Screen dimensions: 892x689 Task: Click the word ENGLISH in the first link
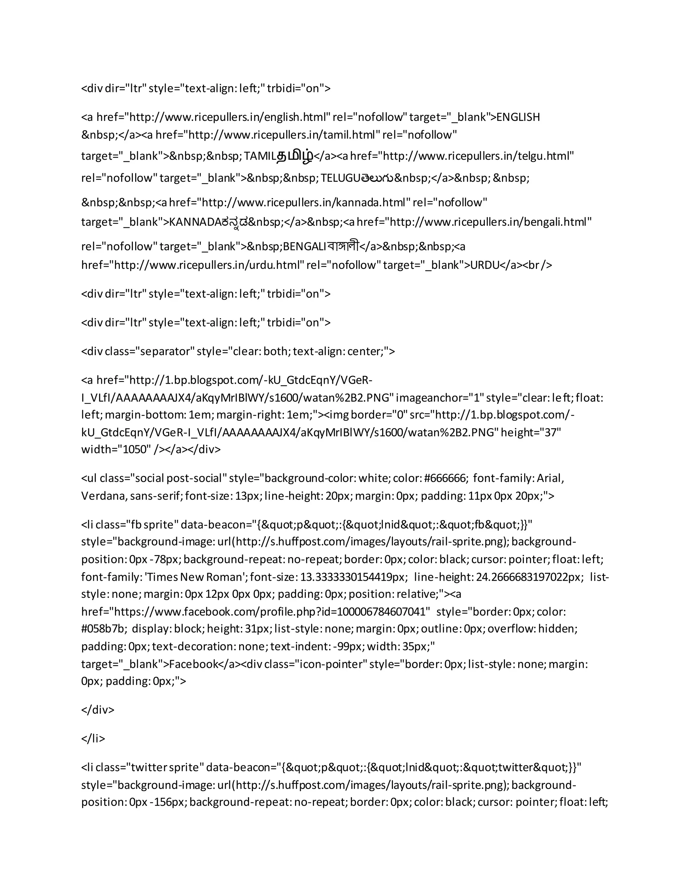pyautogui.click(x=517, y=117)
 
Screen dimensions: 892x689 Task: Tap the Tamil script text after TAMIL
pyautogui.click(x=295, y=157)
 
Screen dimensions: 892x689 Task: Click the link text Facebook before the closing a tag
pyautogui.click(x=193, y=664)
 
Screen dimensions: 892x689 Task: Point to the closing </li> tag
pyautogui.click(x=93, y=739)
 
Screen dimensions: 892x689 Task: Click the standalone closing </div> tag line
pyautogui.click(x=98, y=710)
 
